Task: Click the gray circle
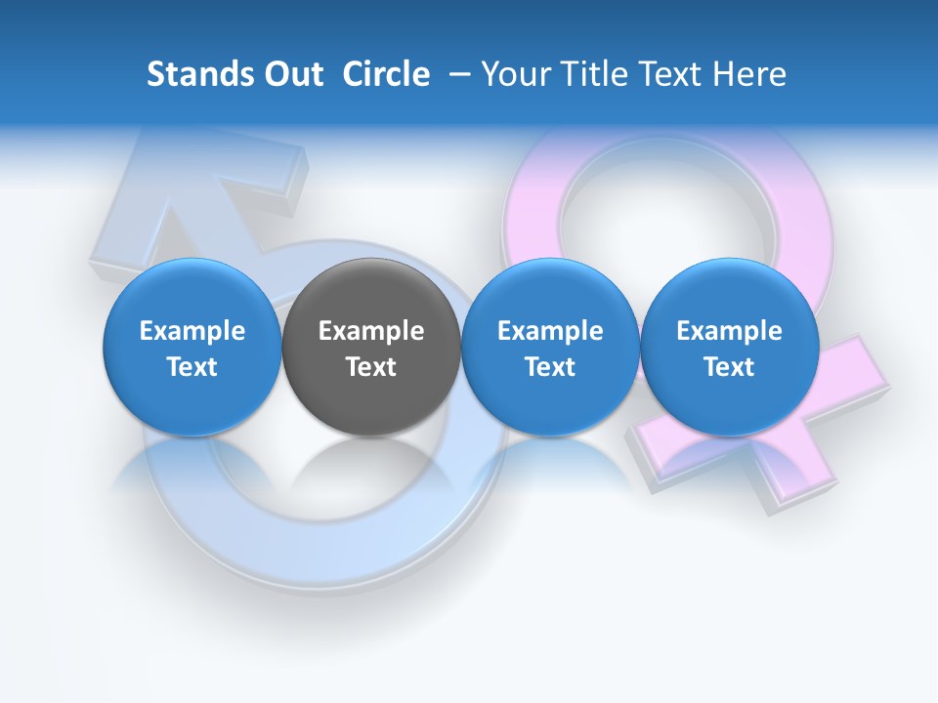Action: tap(371, 347)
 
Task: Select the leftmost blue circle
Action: tap(192, 347)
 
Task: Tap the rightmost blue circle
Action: tap(729, 347)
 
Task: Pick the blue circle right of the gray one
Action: tap(550, 347)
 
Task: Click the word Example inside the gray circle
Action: tap(371, 331)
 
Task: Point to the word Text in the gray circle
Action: tap(371, 367)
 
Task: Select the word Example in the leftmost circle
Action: tap(192, 331)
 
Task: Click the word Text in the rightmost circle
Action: tap(729, 367)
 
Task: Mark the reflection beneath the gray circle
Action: tap(371, 464)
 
